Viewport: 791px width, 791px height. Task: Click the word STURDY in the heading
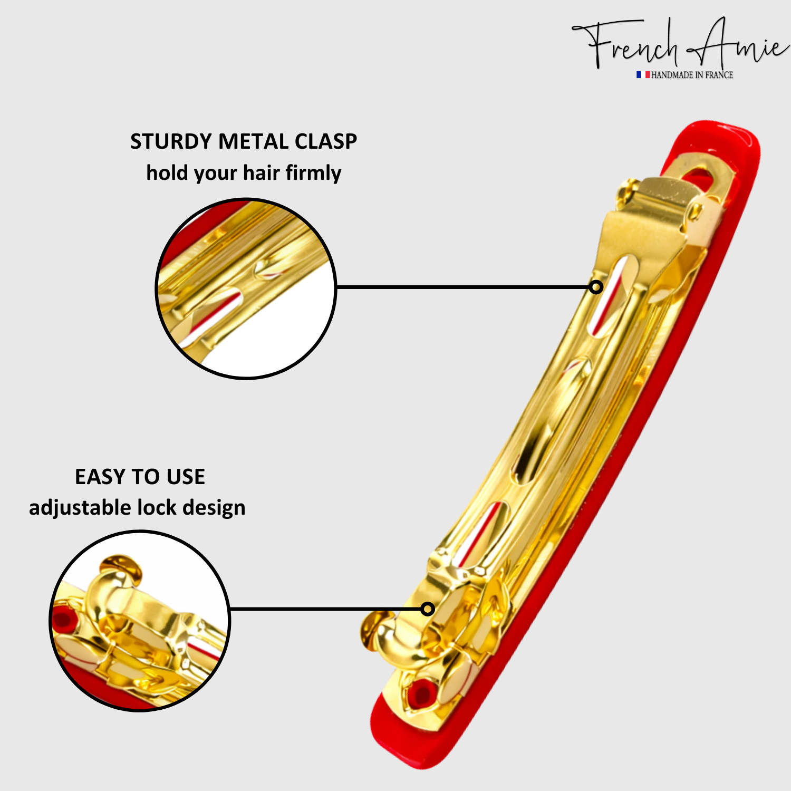click(x=171, y=141)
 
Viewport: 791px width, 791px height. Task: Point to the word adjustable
click(x=80, y=508)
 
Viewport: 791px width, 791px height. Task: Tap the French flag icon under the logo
click(x=643, y=75)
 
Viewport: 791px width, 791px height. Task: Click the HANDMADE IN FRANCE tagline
click(x=692, y=75)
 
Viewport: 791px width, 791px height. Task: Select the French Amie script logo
click(x=680, y=45)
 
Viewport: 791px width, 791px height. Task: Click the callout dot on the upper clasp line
click(x=596, y=287)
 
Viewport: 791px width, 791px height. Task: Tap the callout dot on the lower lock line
click(x=428, y=609)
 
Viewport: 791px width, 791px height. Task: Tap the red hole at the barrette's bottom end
click(x=420, y=694)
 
